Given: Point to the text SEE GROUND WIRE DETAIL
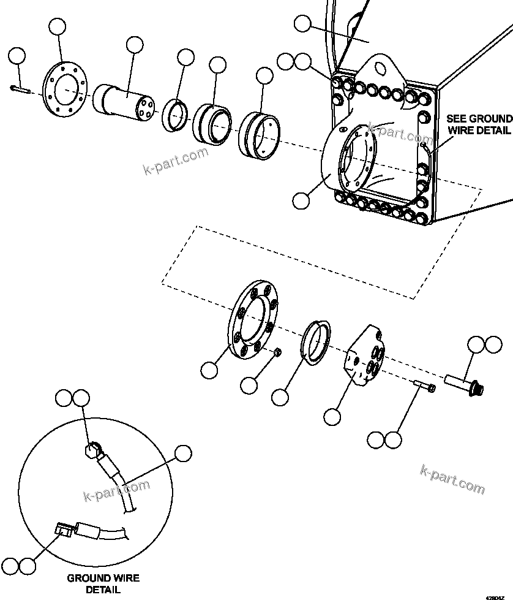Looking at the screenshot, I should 479,124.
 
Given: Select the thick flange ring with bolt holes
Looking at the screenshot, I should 253,319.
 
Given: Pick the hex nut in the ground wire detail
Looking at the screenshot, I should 91,451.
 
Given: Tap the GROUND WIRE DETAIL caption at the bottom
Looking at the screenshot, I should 103,583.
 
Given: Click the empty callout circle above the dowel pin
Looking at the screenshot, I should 17,56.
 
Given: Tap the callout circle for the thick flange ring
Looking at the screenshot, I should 209,370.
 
